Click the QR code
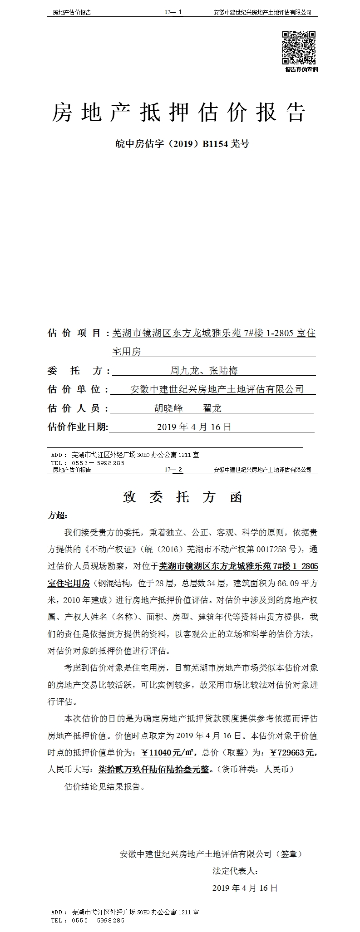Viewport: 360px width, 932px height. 299,48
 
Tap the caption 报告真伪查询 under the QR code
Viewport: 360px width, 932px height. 301,69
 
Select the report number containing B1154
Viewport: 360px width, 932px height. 182,144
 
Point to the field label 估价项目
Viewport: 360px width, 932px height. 74,334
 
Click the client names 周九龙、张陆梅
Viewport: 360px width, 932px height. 204,371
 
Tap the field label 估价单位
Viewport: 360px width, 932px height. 74,390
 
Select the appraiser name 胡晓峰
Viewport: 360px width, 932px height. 169,408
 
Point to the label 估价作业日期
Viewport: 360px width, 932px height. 78,427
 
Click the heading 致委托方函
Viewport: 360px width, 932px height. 182,497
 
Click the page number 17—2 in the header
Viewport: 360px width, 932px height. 174,470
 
